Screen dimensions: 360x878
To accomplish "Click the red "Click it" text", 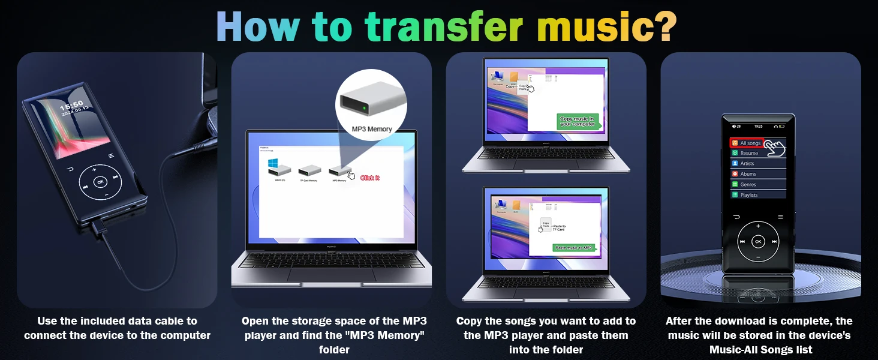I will click(x=370, y=178).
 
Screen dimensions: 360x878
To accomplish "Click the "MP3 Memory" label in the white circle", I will click(x=371, y=129).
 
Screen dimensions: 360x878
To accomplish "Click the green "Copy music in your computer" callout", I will click(x=577, y=121).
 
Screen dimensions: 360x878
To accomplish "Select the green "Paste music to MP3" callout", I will click(x=573, y=247).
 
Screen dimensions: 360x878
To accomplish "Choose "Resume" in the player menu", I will click(x=748, y=153).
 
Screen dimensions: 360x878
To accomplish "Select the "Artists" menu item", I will click(x=747, y=163).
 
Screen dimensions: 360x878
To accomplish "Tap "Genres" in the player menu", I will click(x=748, y=184).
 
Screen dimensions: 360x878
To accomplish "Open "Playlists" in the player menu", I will click(x=748, y=195).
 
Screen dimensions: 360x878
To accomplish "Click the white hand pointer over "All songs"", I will click(x=775, y=146).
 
